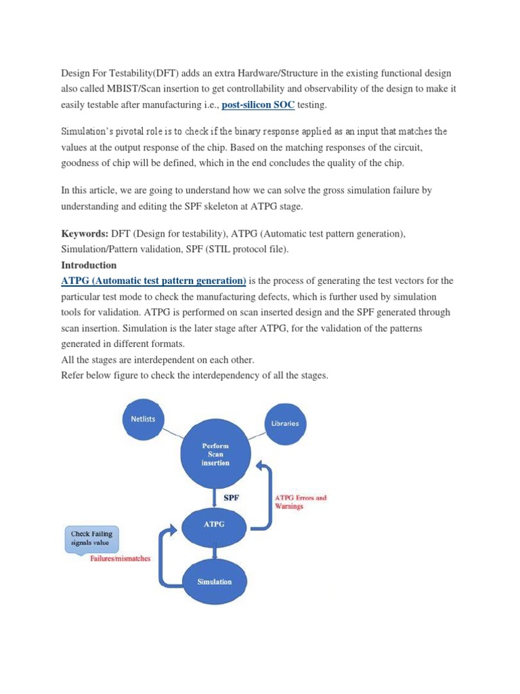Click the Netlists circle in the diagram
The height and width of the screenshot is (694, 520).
point(143,419)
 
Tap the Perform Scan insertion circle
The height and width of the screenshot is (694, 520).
point(215,454)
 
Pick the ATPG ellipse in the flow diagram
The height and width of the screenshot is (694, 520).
point(214,524)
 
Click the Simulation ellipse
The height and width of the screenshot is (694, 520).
point(214,581)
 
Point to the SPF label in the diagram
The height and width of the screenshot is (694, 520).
point(232,497)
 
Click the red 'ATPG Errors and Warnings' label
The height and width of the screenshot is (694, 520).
point(300,502)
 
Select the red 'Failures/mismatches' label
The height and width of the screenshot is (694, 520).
point(121,558)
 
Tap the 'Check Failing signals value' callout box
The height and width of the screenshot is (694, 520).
point(93,538)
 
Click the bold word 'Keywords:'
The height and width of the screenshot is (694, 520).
point(85,234)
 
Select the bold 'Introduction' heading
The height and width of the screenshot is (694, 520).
point(89,265)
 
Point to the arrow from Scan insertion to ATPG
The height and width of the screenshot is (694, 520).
point(215,498)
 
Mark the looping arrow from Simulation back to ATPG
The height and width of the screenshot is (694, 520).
point(162,556)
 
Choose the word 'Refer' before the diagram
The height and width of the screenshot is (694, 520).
point(73,375)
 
